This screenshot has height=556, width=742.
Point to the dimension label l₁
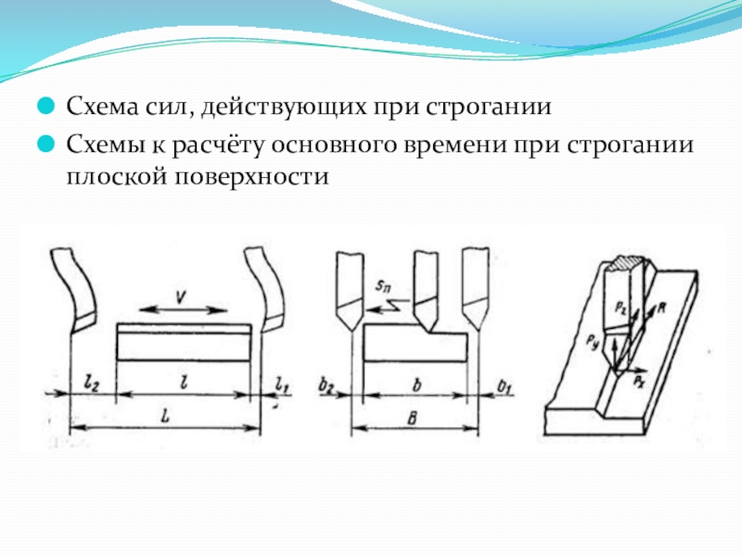[x=283, y=381]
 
